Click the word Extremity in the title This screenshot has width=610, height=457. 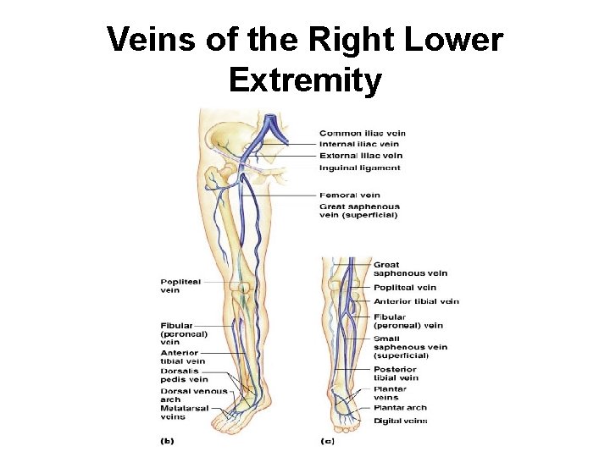click(305, 80)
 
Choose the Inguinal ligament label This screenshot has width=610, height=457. click(360, 168)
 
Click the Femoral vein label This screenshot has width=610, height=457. click(350, 195)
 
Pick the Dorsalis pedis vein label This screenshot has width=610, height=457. click(185, 375)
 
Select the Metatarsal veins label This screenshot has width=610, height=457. click(184, 412)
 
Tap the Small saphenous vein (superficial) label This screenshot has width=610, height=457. click(411, 347)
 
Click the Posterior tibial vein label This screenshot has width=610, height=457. click(396, 373)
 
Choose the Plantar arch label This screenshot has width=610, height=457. click(400, 408)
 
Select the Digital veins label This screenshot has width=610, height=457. click(400, 421)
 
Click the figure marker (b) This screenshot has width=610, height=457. click(169, 441)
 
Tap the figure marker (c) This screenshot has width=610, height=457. click(328, 441)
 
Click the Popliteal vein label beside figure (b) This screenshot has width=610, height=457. click(181, 286)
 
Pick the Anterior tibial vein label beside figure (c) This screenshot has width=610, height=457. click(416, 301)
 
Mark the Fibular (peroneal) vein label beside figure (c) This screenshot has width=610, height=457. click(408, 322)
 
